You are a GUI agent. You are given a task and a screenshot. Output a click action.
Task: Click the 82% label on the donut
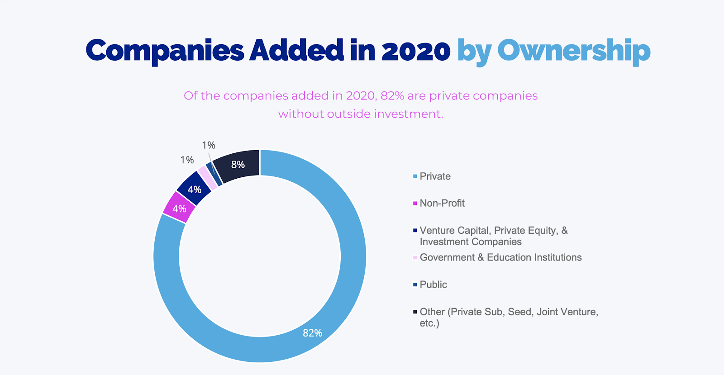coord(312,333)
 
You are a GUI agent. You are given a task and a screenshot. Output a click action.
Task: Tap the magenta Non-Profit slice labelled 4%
coord(179,208)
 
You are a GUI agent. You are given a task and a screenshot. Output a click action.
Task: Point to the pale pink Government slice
coord(207,177)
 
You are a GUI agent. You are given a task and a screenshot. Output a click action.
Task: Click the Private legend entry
coord(435,176)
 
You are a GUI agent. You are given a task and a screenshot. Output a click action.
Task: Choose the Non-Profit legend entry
coord(442,204)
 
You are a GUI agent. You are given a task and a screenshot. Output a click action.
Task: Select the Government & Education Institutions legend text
coord(500,257)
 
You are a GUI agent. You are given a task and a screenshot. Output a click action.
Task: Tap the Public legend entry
coord(433,285)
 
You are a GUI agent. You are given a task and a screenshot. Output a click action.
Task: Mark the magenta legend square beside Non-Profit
coord(415,204)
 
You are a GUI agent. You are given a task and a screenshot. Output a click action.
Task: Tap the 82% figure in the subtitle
coord(392,96)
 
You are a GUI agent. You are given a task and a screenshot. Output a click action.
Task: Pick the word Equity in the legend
coord(543,231)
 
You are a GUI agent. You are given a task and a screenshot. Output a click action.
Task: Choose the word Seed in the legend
coord(519,312)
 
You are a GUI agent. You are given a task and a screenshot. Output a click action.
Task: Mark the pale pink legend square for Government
coord(415,257)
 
